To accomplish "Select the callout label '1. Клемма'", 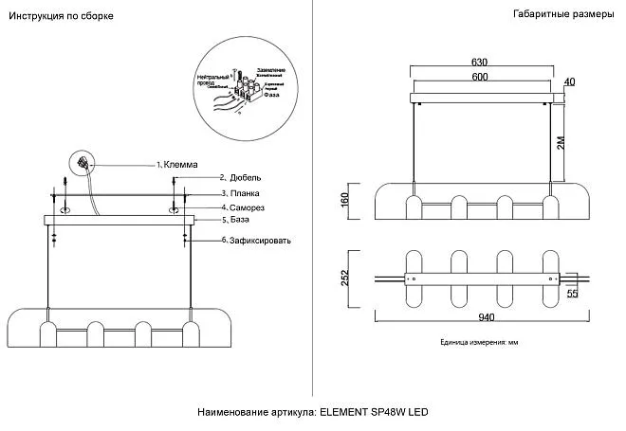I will click(x=178, y=164).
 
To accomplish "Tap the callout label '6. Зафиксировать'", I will click(x=255, y=241).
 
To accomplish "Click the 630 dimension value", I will click(x=480, y=63).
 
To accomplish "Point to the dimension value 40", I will click(x=569, y=82).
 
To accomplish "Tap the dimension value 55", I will click(x=572, y=295).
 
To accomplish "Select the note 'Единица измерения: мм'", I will click(x=481, y=342).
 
